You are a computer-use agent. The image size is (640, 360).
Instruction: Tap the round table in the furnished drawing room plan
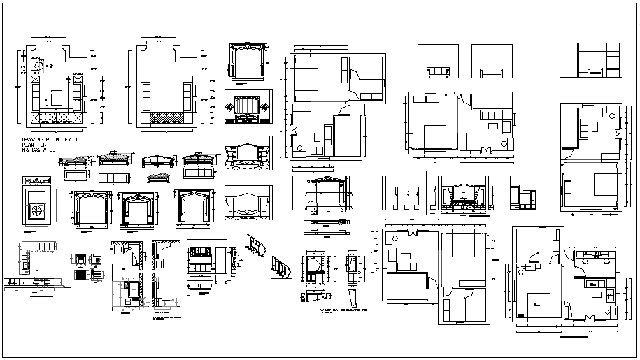[x=39, y=66]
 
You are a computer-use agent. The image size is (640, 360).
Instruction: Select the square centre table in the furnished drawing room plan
[x=56, y=99]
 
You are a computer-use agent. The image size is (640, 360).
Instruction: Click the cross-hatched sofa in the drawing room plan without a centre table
[x=167, y=118]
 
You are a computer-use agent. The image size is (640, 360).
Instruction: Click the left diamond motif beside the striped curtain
[x=231, y=105]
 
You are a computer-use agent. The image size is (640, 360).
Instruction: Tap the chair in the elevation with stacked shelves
[x=596, y=71]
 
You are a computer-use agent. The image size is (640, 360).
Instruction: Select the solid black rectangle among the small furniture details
[x=81, y=275]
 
